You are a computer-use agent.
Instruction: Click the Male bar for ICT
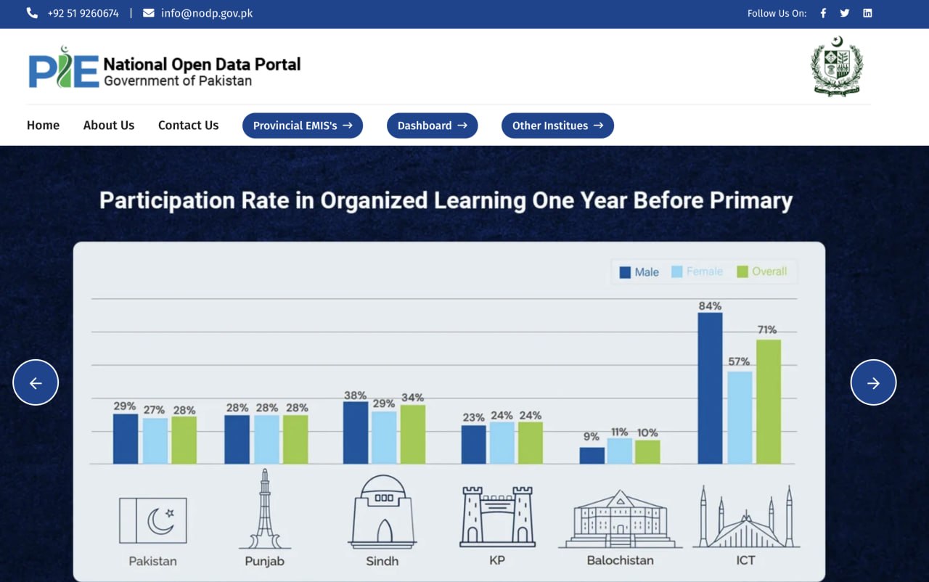click(x=710, y=388)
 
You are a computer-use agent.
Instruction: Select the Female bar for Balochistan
click(x=620, y=451)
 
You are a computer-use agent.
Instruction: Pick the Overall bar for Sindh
click(x=413, y=435)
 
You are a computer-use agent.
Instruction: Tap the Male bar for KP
click(x=474, y=444)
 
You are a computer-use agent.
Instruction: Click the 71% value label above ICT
click(x=767, y=329)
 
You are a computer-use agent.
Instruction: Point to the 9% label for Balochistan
click(x=591, y=437)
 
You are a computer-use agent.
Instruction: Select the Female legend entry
click(x=697, y=271)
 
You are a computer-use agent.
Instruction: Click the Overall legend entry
click(x=762, y=271)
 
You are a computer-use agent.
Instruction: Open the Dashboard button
click(x=432, y=126)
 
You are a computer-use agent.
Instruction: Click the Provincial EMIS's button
click(x=303, y=126)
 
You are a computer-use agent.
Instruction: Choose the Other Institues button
click(x=557, y=126)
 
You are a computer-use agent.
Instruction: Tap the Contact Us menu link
click(x=188, y=126)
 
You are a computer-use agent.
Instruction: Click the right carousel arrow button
click(x=873, y=382)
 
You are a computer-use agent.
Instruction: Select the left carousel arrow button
click(x=36, y=382)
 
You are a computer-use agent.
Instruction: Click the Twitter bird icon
click(x=844, y=13)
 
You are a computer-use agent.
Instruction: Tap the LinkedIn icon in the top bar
click(x=867, y=13)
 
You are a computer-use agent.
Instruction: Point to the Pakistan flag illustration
click(x=153, y=520)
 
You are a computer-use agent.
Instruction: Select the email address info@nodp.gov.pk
click(x=207, y=13)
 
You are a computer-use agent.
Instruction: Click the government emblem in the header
click(x=837, y=66)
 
